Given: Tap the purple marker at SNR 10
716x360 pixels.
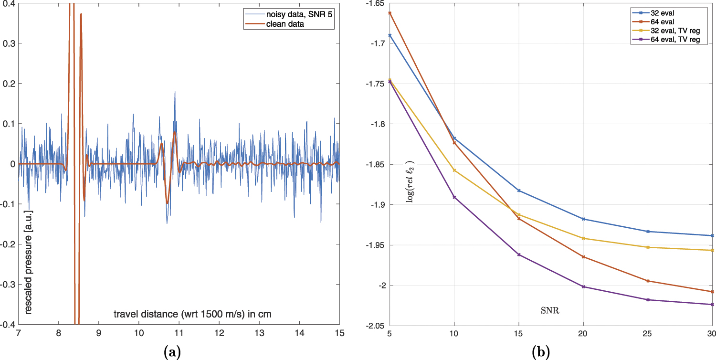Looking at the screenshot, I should click(454, 197).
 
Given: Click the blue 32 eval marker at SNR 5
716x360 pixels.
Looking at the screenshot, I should click(390, 35).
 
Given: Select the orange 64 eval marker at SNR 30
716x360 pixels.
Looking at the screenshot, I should click(712, 292).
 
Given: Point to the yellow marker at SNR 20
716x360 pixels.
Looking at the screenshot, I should click(583, 238).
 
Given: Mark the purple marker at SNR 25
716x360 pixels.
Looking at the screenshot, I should click(648, 300).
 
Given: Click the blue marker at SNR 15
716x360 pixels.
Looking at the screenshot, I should click(519, 191).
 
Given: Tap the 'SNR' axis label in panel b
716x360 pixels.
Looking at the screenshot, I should click(550, 311).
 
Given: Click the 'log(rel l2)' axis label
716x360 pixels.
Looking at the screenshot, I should click(410, 181).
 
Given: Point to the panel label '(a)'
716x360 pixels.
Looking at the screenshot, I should click(172, 353).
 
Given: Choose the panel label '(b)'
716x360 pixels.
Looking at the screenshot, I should click(541, 353).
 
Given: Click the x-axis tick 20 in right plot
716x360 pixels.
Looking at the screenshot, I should click(583, 332).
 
